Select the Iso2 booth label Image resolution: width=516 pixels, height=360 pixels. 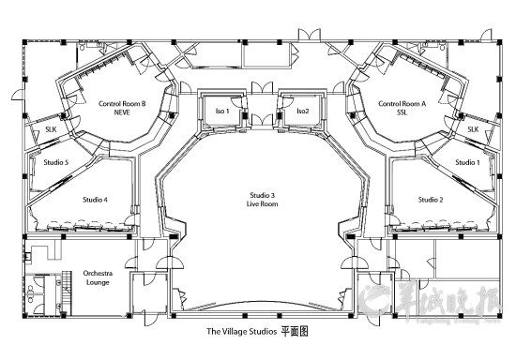coord(302,112)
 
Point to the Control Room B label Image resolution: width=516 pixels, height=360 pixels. coord(122,103)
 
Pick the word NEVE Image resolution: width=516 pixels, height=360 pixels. coord(122,112)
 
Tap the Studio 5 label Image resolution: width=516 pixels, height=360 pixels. coord(56,162)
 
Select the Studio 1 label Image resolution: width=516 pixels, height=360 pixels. coord(466,162)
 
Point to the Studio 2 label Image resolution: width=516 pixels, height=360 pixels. coord(430,199)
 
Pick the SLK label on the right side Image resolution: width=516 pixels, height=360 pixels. coord(473,128)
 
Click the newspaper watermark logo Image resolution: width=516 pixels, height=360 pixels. coord(432,302)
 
